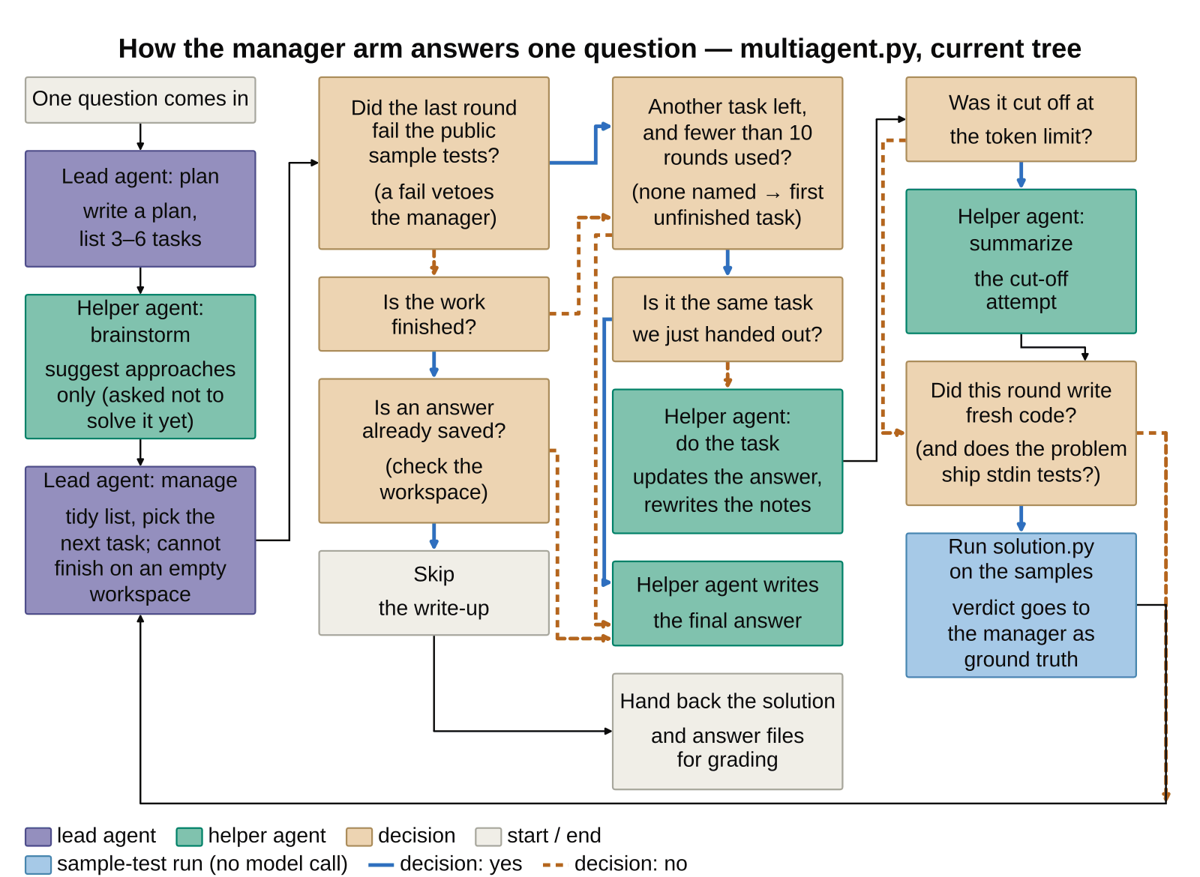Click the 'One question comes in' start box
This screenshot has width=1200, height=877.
pyautogui.click(x=140, y=100)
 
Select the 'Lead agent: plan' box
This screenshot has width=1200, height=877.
pyautogui.click(x=140, y=209)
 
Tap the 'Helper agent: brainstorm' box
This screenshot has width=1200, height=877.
pyautogui.click(x=140, y=367)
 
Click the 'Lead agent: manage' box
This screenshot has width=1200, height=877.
pyautogui.click(x=140, y=540)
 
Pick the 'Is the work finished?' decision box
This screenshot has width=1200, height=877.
pyautogui.click(x=434, y=314)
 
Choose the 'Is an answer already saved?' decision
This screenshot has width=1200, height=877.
pyautogui.click(x=434, y=450)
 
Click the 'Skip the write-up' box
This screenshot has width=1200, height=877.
pyautogui.click(x=434, y=593)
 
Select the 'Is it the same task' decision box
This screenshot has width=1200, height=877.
pyautogui.click(x=727, y=319)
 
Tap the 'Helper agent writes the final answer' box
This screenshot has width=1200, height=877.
pyautogui.click(x=727, y=603)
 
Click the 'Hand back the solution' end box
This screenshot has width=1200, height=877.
pyautogui.click(x=727, y=732)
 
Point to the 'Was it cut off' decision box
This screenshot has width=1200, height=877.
pyautogui.click(x=1021, y=119)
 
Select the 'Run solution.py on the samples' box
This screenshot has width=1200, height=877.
pyautogui.click(x=1021, y=605)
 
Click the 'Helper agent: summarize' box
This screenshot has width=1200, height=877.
pyautogui.click(x=1021, y=262)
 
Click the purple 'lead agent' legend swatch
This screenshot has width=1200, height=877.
pyautogui.click(x=38, y=837)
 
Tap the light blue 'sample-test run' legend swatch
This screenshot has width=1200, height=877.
pyautogui.click(x=38, y=865)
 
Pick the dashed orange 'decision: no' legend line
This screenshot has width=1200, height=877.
pyautogui.click(x=553, y=865)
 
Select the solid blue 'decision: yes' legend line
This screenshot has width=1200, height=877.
pyautogui.click(x=381, y=865)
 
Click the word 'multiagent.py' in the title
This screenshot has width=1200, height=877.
pyautogui.click(x=831, y=49)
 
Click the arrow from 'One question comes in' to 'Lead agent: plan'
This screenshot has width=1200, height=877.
pyautogui.click(x=140, y=137)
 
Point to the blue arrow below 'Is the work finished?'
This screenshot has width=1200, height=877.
pyautogui.click(x=434, y=364)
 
